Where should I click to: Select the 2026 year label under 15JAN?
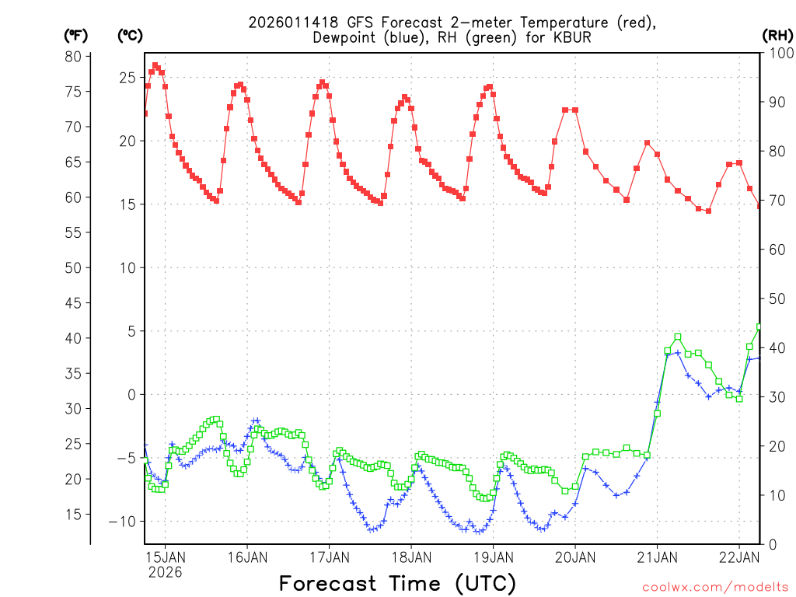click(x=166, y=572)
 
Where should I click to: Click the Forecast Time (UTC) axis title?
click(x=397, y=583)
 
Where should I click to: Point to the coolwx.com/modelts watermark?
click(x=715, y=587)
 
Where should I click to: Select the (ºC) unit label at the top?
click(x=130, y=35)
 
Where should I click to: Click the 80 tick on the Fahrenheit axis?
click(x=73, y=56)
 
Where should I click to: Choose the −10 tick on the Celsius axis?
click(x=123, y=522)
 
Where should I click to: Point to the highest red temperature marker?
click(x=155, y=65)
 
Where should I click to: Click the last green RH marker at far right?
click(x=759, y=326)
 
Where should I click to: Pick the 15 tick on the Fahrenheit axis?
click(x=73, y=515)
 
